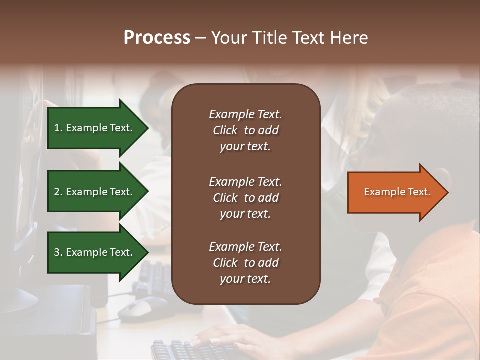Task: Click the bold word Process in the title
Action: tap(157, 38)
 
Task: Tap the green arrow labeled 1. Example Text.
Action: tap(95, 128)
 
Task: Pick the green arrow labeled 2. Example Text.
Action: tap(95, 192)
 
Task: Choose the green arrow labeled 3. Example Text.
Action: tap(95, 252)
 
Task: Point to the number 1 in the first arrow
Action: tap(57, 128)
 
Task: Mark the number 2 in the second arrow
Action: tap(57, 192)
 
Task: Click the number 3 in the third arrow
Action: tap(57, 252)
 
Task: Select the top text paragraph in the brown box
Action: tap(245, 130)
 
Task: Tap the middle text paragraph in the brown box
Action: tap(245, 198)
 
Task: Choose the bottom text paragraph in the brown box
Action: tap(245, 263)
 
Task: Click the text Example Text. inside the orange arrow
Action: tap(397, 192)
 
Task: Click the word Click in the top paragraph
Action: tap(225, 130)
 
